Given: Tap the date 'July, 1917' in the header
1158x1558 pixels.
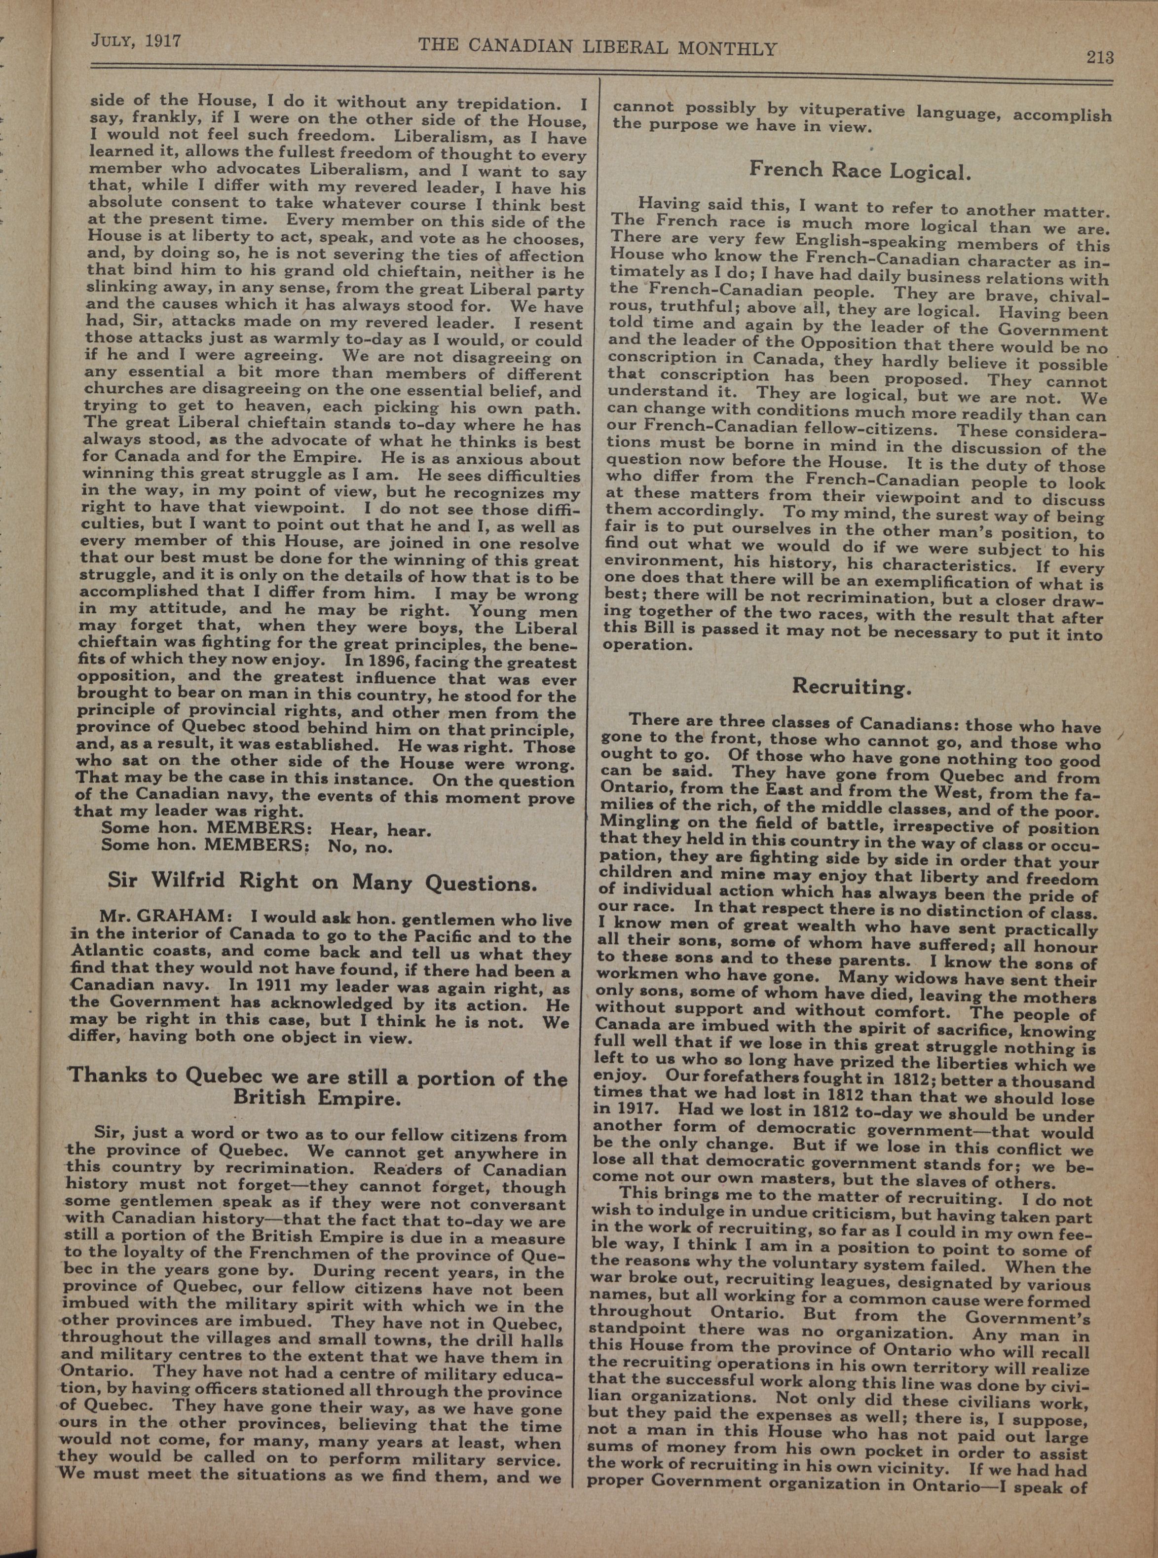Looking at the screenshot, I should pos(137,40).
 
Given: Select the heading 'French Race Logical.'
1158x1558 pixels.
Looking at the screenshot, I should pos(859,170).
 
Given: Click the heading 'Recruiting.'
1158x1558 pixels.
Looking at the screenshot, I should pos(852,686).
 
